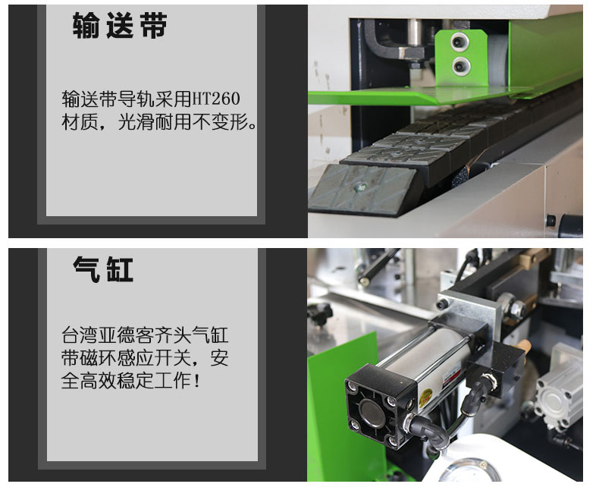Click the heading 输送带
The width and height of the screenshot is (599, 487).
tap(120, 25)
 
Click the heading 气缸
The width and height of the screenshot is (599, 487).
tap(103, 269)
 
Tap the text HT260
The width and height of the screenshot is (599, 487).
tap(215, 99)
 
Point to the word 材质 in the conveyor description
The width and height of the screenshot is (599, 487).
tap(80, 122)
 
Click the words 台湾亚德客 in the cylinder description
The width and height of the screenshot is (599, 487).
tap(108, 335)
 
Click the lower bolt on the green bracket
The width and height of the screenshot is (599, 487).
tap(461, 66)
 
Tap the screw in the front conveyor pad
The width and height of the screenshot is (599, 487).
tap(359, 187)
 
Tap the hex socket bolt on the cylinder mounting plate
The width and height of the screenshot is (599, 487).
tap(444, 304)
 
